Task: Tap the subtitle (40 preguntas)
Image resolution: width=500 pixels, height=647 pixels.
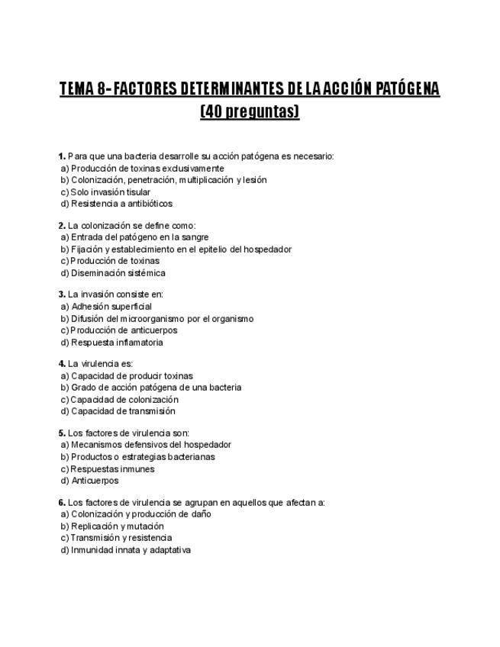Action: (x=250, y=111)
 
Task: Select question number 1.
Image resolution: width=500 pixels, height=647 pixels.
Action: (x=62, y=156)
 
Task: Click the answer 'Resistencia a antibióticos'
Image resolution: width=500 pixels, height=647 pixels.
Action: (x=121, y=204)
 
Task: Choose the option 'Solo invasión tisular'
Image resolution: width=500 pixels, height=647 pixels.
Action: (x=110, y=192)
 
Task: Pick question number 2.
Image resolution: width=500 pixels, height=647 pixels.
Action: (x=62, y=225)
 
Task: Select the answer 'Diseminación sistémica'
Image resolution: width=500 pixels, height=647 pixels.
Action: (x=118, y=273)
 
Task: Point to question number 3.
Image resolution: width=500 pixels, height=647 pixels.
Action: (x=62, y=294)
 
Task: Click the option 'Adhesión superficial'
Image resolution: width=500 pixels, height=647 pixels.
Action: (x=111, y=307)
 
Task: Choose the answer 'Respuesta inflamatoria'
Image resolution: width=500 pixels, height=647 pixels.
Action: (x=117, y=343)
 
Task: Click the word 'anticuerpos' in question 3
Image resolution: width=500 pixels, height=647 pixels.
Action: (x=151, y=330)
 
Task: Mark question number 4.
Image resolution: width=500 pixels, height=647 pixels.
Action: (x=62, y=363)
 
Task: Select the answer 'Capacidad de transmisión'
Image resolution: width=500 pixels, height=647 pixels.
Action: (x=123, y=411)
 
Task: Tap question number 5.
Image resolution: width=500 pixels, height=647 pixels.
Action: (x=62, y=433)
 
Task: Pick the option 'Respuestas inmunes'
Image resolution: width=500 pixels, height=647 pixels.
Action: (x=112, y=469)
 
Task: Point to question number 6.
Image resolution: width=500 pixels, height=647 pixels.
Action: (x=62, y=502)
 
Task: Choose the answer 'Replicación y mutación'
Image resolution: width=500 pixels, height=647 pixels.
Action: (x=117, y=526)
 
